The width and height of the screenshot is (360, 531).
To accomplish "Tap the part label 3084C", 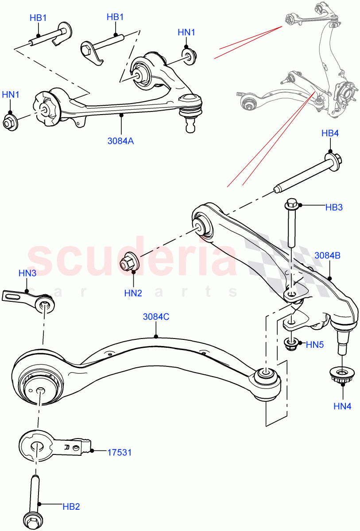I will click(x=156, y=317).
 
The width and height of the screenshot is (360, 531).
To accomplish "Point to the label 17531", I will click(x=119, y=452).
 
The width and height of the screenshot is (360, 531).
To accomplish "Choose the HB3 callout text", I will click(x=334, y=207).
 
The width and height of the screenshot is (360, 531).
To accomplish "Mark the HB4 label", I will click(x=330, y=133).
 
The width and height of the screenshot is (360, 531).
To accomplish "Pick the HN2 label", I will click(x=133, y=292).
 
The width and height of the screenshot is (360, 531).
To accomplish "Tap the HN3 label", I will click(x=27, y=273).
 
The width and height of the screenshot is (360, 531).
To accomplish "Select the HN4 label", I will click(x=342, y=406).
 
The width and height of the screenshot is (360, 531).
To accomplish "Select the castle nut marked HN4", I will click(x=341, y=376).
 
